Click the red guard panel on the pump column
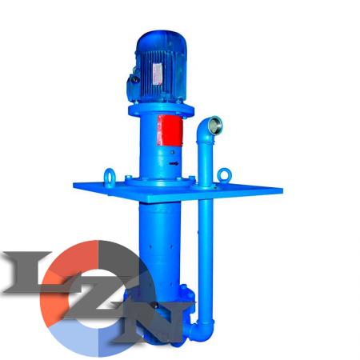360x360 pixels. (170, 130)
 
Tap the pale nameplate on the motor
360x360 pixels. (158, 74)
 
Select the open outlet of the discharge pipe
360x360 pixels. (215, 125)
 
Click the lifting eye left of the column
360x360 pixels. (110, 178)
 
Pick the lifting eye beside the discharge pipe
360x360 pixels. (224, 175)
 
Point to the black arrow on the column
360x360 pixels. (174, 163)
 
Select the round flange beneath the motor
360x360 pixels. (161, 110)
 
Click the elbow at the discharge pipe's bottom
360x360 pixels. (202, 329)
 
